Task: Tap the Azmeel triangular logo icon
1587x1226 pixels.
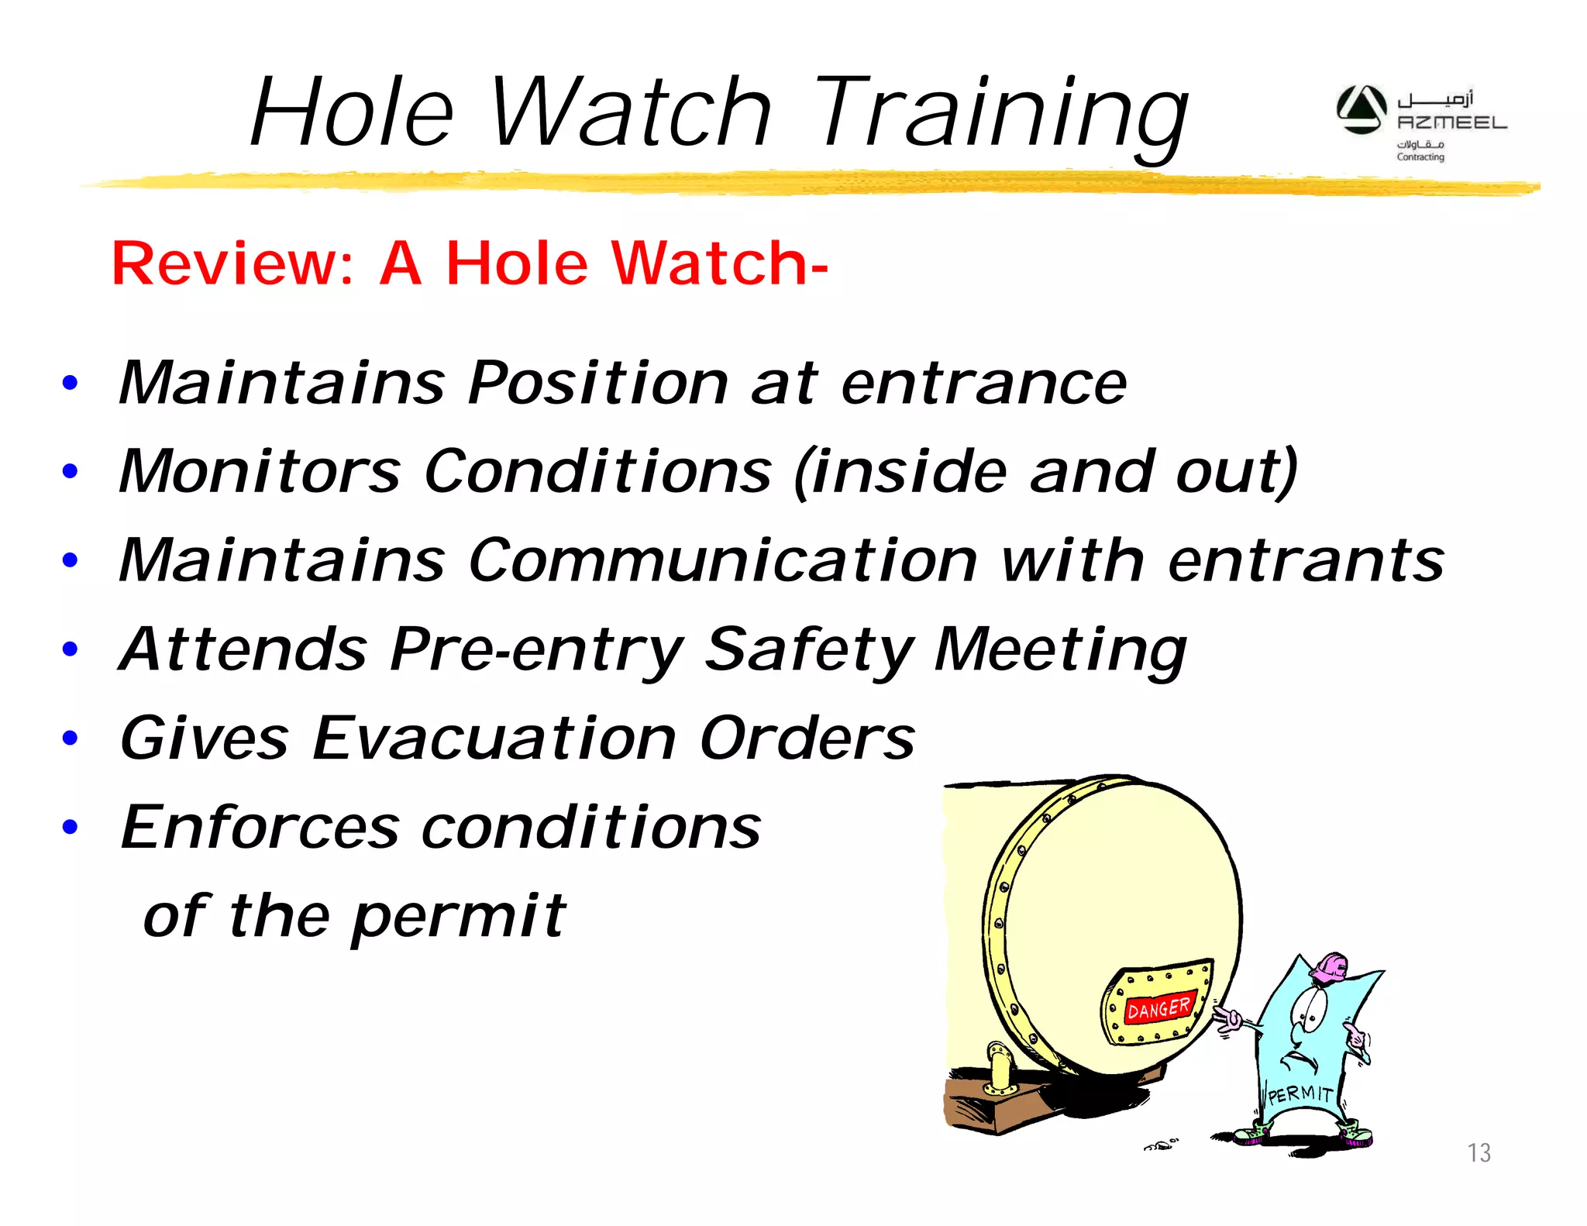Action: tap(1362, 109)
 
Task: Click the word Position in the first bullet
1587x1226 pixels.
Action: tap(598, 383)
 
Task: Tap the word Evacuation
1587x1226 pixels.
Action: tap(494, 738)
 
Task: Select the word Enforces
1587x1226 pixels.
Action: tap(260, 827)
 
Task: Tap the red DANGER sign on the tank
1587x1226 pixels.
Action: tap(1159, 1007)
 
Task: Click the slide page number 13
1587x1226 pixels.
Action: tap(1479, 1153)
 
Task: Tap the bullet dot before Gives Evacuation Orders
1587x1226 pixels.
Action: tap(71, 737)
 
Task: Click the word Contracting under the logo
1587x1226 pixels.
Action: tap(1420, 157)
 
